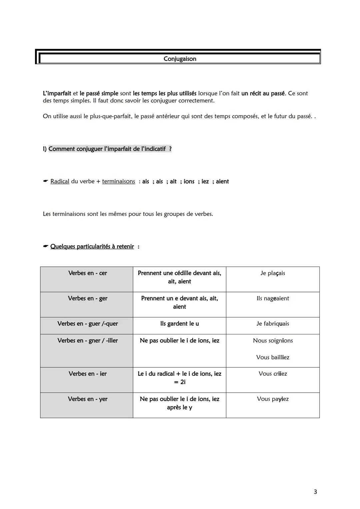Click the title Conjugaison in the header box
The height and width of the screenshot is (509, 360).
tap(180, 59)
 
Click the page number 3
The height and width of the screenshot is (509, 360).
tap(315, 492)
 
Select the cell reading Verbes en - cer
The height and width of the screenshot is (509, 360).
tap(87, 273)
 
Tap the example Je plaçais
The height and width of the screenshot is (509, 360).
tap(273, 273)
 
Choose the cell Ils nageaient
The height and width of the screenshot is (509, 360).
tap(273, 298)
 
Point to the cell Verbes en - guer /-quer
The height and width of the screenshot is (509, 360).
tap(87, 324)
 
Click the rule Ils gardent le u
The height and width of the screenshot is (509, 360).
tap(179, 324)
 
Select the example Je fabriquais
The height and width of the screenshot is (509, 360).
tap(273, 324)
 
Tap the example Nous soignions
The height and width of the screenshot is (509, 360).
tap(273, 341)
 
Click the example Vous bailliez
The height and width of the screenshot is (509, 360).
tap(273, 357)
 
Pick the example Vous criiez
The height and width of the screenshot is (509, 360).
tap(273, 374)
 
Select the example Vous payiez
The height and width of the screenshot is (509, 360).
tap(273, 399)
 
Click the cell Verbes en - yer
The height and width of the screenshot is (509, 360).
tap(87, 399)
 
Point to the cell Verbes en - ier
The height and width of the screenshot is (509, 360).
tap(87, 374)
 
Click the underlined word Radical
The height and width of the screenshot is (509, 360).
tap(60, 181)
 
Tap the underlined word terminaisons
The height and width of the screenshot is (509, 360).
tap(118, 181)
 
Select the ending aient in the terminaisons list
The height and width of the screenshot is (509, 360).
tap(222, 181)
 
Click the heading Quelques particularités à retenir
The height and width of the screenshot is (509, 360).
tap(92, 247)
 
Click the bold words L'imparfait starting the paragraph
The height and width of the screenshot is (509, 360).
tap(57, 93)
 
